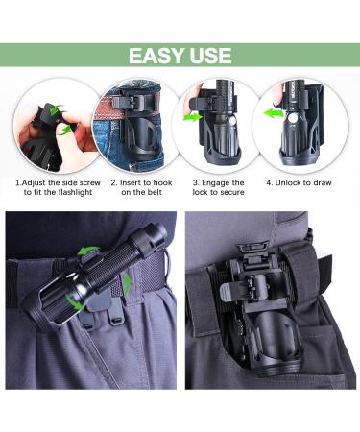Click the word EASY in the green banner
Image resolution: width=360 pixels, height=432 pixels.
point(156,56)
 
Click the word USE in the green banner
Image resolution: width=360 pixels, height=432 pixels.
point(210,56)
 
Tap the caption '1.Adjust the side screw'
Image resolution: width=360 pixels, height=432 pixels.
point(58,183)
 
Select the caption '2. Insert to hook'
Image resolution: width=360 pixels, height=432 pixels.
point(142,183)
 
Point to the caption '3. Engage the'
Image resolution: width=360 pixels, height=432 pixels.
point(219,183)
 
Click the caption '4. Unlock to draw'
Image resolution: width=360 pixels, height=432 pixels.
point(299,183)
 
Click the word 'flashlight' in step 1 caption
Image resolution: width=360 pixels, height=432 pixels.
point(75,192)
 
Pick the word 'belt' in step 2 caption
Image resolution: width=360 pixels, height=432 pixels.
point(155,192)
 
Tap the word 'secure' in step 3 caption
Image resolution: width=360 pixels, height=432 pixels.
point(231,192)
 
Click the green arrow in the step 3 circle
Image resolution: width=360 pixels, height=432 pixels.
point(193,117)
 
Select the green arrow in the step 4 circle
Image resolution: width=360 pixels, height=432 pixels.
point(274,112)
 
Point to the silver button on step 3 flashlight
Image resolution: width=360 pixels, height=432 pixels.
point(232,121)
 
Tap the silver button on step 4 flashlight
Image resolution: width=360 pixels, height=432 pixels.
point(292,119)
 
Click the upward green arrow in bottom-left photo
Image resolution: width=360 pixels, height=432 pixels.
point(127,284)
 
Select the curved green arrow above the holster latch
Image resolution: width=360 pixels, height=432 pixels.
point(89,250)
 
